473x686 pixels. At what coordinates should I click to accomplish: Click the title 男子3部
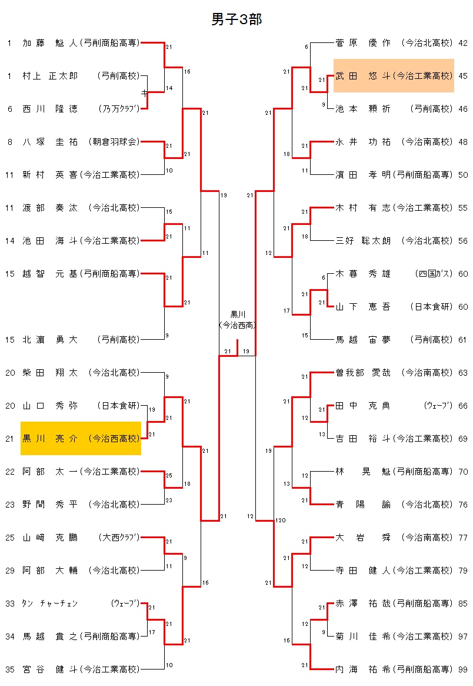point(236,20)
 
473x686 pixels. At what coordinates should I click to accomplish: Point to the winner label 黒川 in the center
point(237,314)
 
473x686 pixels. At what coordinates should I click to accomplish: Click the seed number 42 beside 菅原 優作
point(463,43)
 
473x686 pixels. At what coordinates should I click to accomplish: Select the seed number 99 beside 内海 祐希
point(463,670)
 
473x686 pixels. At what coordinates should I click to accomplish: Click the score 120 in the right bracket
point(280,521)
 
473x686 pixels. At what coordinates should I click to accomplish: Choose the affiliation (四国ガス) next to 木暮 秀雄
point(434,274)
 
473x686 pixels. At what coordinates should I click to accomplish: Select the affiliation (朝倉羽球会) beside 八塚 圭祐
point(114,142)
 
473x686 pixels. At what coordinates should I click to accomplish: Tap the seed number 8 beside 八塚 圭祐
point(10,142)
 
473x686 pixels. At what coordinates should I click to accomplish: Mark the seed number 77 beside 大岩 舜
point(463,538)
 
